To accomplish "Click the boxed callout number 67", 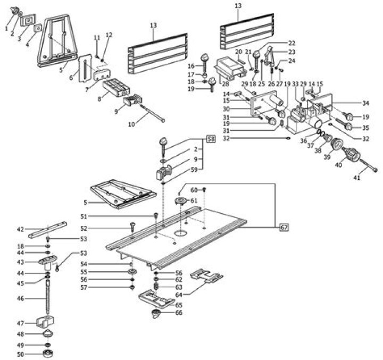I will click(285, 228).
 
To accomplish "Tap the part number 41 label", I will click(356, 177).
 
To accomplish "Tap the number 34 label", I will click(365, 103).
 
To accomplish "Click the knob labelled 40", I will click(352, 154).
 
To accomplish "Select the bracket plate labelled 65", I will click(154, 299).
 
